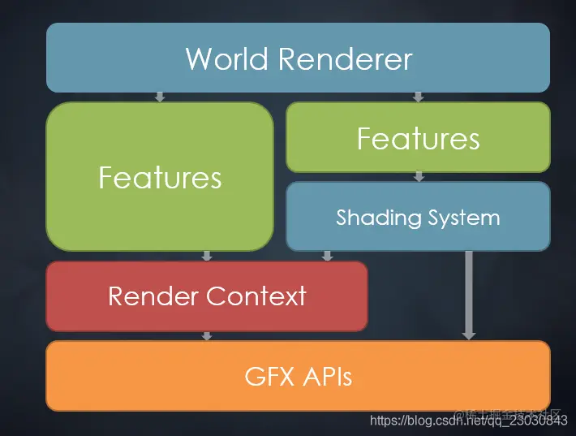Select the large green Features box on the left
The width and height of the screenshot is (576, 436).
point(160,176)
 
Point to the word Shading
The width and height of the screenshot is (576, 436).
point(379,218)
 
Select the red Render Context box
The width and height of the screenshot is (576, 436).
point(207,296)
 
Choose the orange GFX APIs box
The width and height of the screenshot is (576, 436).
point(298,376)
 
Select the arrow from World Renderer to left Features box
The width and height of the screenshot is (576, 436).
point(160,97)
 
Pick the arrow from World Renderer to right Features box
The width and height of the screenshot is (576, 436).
point(418,97)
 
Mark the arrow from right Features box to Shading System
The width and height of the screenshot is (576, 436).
point(419,176)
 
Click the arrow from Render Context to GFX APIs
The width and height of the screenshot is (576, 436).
point(207,335)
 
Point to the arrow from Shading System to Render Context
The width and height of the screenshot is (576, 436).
point(327,256)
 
